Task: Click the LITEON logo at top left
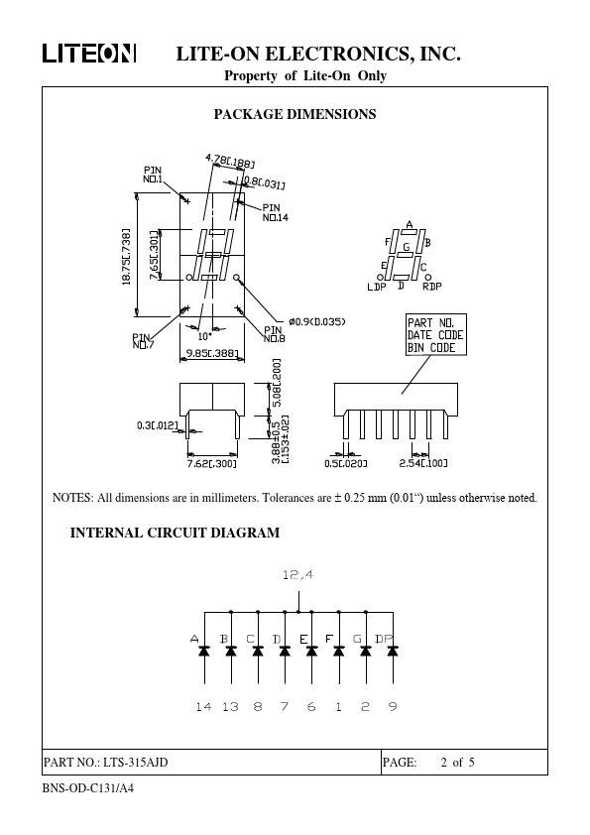[89, 54]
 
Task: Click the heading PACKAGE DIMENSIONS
[295, 114]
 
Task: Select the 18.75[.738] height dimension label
[127, 257]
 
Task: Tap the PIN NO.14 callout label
[276, 212]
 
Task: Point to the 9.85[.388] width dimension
[212, 352]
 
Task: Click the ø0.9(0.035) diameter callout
[317, 321]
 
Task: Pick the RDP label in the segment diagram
[432, 287]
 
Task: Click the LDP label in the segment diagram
[377, 287]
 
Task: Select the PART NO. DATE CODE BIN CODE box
[436, 335]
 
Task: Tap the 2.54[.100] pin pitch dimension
[423, 463]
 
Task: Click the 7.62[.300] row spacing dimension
[211, 464]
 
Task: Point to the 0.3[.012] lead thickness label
[157, 425]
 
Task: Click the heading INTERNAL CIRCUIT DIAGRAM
[175, 534]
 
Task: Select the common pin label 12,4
[297, 574]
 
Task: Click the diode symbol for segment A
[204, 651]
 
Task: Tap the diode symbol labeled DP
[393, 651]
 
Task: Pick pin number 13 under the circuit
[230, 707]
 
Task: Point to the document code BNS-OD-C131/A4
[88, 788]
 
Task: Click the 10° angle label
[204, 336]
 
